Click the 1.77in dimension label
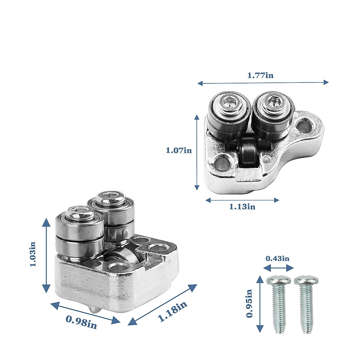[x=260, y=75]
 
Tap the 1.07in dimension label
[x=179, y=150]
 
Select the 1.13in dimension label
[x=242, y=207]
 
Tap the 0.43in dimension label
[x=277, y=258]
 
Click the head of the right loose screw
[x=306, y=281]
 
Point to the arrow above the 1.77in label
[x=263, y=82]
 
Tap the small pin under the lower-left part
[x=94, y=309]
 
